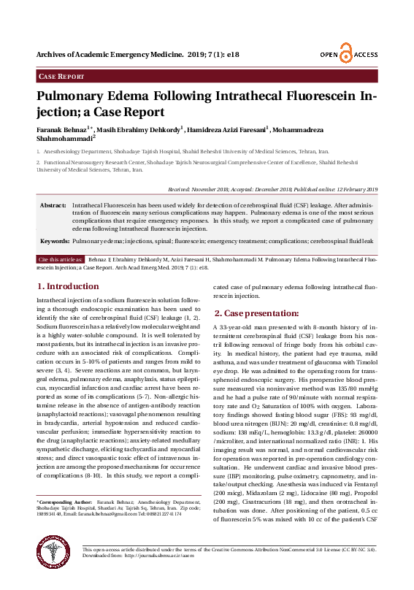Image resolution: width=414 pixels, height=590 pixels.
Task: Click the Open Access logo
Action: coord(348,55)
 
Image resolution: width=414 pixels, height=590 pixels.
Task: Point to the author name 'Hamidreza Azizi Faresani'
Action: coord(228,129)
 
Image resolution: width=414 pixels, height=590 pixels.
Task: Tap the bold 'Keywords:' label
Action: coord(55,240)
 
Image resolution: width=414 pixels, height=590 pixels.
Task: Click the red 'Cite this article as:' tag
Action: coord(61,259)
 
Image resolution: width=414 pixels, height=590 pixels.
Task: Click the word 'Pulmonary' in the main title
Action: coord(83,99)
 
